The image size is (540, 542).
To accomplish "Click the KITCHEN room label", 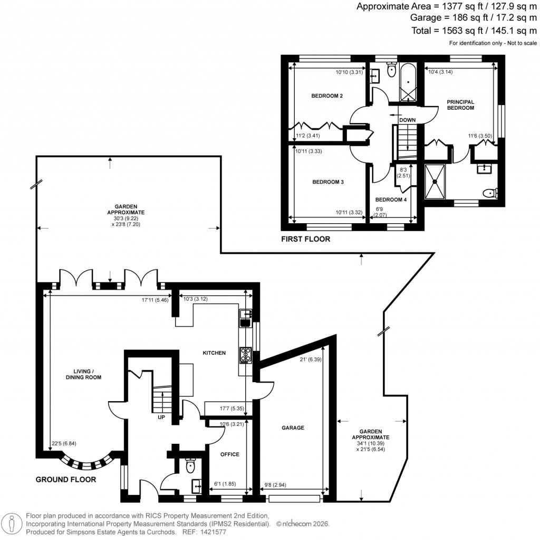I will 215,353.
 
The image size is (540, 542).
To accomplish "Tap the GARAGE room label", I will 293,427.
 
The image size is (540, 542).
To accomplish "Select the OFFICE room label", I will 229,454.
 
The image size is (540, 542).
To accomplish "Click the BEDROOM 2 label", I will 327,96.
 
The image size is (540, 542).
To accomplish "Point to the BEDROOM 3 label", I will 328,182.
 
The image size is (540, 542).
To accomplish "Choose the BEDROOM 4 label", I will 391,200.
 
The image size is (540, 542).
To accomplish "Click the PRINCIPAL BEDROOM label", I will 460,104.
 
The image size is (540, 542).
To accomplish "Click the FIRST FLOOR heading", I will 305,239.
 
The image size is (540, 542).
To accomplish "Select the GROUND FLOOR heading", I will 65,480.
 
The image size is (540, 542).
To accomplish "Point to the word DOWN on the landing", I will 407,120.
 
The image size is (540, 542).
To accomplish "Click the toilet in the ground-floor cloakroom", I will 190,466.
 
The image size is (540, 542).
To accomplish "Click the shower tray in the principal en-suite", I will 435,182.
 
